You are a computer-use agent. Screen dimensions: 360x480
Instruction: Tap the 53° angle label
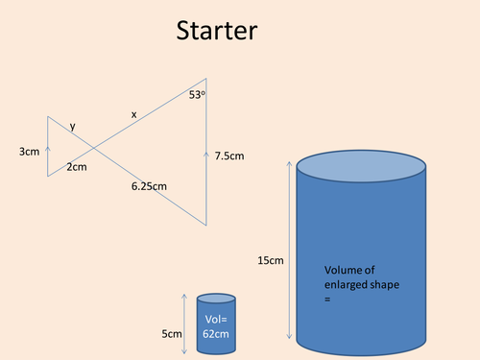click(x=197, y=94)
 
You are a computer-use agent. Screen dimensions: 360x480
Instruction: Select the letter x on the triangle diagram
click(x=133, y=114)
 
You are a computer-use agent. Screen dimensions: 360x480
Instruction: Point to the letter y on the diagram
click(x=73, y=126)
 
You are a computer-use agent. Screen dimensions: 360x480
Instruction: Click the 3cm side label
click(x=29, y=151)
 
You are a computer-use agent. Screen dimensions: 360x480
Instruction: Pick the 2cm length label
click(x=76, y=167)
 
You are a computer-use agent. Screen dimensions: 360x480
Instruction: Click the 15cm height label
click(x=271, y=260)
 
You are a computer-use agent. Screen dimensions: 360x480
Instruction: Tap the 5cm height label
click(x=172, y=333)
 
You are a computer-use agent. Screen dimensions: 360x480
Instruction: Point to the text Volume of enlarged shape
click(x=361, y=277)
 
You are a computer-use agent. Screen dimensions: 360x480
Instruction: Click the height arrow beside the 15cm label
click(x=290, y=251)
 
